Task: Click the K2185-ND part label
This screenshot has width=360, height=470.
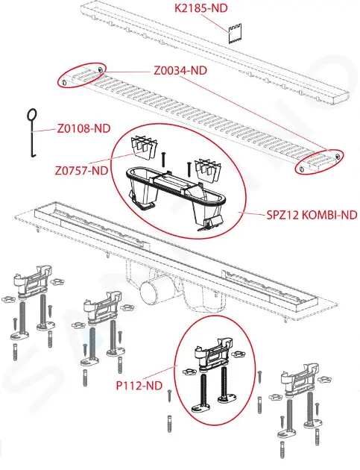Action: (x=201, y=8)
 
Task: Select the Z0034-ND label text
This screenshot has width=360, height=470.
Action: (x=180, y=71)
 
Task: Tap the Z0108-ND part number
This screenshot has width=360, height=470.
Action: (x=84, y=128)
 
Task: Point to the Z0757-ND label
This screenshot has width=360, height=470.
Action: (x=81, y=171)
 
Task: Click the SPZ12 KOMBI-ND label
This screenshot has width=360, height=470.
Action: (x=312, y=215)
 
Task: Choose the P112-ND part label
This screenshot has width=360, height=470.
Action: (x=139, y=386)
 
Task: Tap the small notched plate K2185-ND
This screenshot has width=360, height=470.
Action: (x=236, y=34)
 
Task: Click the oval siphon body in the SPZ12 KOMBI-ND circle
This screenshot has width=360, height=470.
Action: (x=174, y=195)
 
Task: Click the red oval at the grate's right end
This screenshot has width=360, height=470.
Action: (x=319, y=162)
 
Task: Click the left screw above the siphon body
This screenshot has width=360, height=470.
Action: (x=163, y=159)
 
